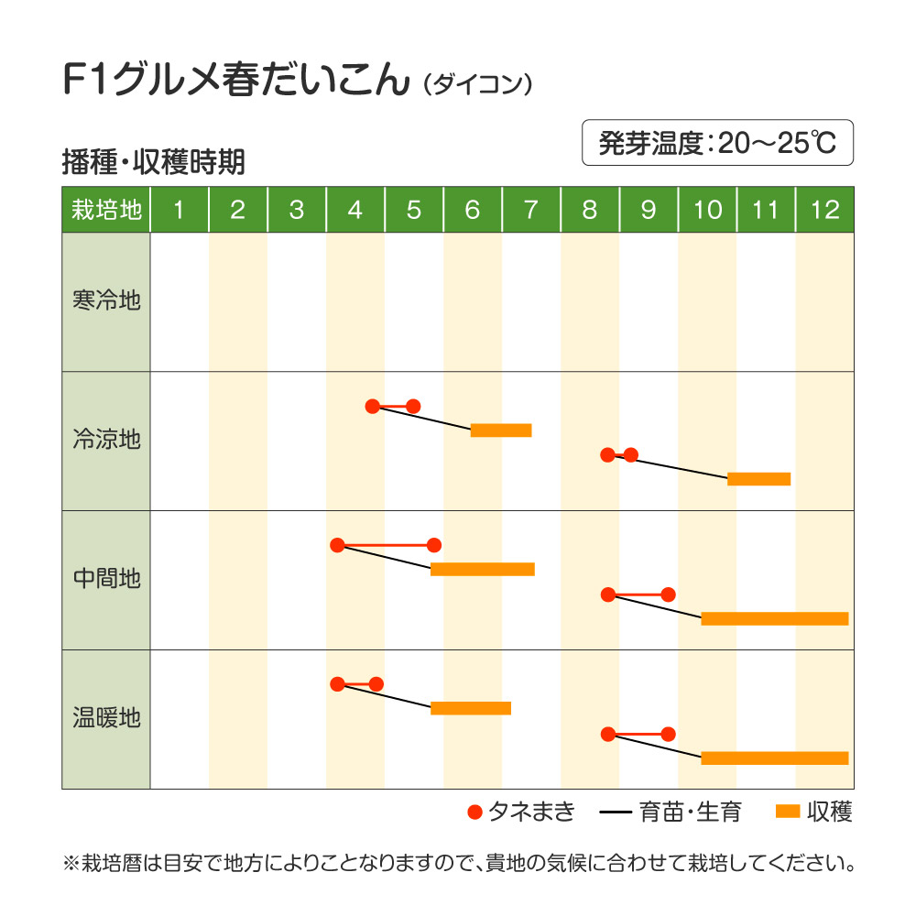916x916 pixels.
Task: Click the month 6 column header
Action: point(473,210)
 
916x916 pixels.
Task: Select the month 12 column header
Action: point(824,210)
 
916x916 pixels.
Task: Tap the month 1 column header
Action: point(180,210)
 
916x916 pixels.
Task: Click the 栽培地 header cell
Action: point(106,210)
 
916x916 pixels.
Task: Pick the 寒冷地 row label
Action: point(106,300)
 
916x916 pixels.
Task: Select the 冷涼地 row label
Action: point(106,440)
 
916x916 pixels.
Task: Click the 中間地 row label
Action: point(106,579)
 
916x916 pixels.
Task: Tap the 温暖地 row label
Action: point(106,717)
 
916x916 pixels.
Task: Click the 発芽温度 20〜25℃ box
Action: point(717,143)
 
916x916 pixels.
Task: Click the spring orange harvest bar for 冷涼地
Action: point(501,431)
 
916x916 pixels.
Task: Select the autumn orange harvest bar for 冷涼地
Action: point(758,478)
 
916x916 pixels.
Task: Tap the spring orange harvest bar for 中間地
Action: point(482,570)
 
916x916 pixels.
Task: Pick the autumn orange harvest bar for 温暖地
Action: point(775,758)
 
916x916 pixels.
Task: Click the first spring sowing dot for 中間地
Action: point(337,545)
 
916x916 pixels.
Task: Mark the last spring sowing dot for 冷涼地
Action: point(413,406)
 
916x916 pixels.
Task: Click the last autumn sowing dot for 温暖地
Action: point(668,734)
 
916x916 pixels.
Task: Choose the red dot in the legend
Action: point(474,812)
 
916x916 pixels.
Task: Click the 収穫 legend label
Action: point(830,812)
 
